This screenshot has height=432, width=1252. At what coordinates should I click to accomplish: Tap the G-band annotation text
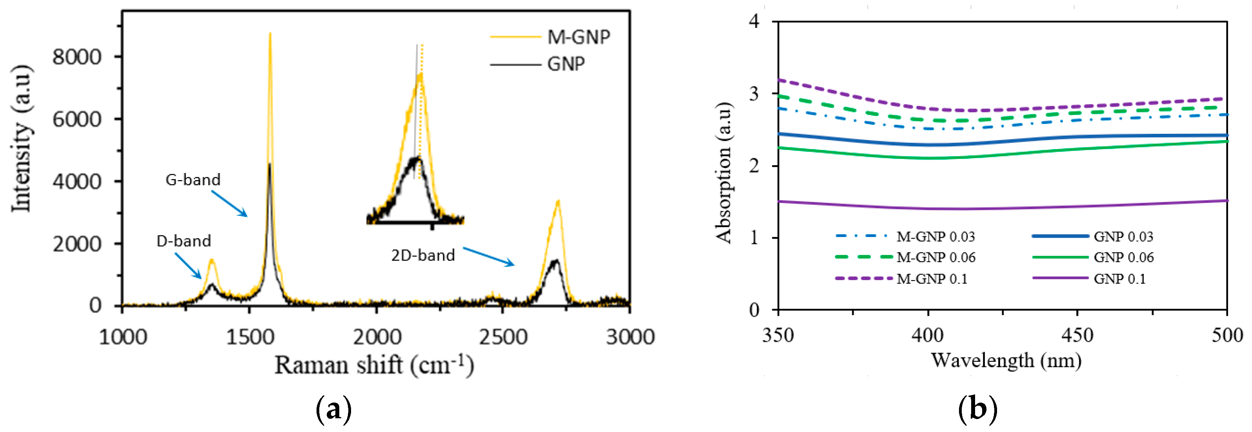[193, 180]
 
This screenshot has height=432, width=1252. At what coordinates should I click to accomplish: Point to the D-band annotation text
[184, 241]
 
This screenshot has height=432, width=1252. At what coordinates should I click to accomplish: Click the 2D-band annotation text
[423, 255]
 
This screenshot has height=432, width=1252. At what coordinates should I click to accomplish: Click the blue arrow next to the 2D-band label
[488, 257]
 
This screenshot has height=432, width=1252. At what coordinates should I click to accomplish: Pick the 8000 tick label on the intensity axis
[77, 57]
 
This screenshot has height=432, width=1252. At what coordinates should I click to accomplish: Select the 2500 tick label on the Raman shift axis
[503, 337]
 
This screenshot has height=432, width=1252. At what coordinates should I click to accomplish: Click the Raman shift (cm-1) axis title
[374, 365]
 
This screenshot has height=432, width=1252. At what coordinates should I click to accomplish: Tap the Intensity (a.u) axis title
[22, 139]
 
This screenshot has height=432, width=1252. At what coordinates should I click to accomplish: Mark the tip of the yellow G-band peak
[270, 33]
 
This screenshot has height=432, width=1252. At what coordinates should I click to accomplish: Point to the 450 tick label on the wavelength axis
[1077, 335]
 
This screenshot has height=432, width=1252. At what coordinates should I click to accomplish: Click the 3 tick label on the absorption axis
[754, 94]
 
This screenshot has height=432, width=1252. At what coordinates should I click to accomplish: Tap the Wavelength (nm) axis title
[1006, 361]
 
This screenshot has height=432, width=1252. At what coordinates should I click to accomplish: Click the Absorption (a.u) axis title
[724, 173]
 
